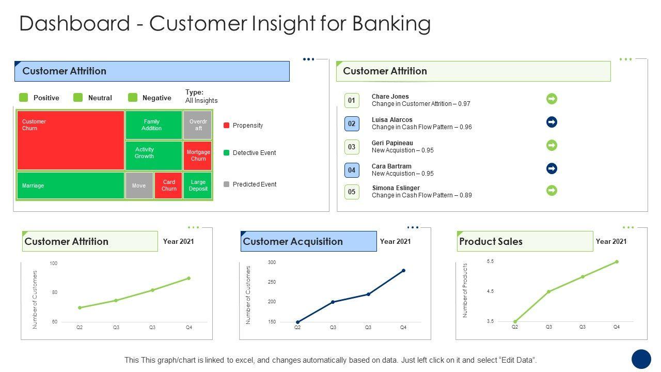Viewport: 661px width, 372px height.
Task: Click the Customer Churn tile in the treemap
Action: click(x=71, y=140)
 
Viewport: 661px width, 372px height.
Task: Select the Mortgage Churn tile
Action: click(x=197, y=156)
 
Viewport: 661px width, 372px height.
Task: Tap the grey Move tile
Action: click(x=139, y=185)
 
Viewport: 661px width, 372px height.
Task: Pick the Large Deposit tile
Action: click(x=197, y=185)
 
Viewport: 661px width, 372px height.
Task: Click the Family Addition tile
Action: click(x=154, y=125)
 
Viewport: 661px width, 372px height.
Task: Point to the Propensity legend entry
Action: click(x=243, y=126)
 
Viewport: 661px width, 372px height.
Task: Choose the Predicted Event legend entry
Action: click(x=250, y=184)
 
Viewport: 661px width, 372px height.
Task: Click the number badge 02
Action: click(x=352, y=123)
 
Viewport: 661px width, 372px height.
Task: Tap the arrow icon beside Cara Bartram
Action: click(x=552, y=168)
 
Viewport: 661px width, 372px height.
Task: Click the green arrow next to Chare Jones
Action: click(x=552, y=99)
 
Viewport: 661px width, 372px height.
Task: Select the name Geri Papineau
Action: click(x=392, y=143)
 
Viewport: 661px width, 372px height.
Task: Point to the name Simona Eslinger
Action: click(x=396, y=188)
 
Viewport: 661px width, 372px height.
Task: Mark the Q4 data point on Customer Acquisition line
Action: click(x=403, y=270)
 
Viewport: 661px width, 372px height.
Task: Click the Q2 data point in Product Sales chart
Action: click(x=515, y=321)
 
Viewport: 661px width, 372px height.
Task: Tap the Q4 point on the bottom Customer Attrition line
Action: click(x=189, y=278)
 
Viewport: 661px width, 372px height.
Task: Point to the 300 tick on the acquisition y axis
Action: click(x=272, y=262)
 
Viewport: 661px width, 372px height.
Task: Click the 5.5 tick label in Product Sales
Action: click(x=490, y=261)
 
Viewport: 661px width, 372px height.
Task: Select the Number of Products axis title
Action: click(x=465, y=290)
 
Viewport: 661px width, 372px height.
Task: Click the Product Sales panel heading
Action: click(x=491, y=241)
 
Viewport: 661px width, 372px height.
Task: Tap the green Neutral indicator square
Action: click(x=78, y=98)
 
